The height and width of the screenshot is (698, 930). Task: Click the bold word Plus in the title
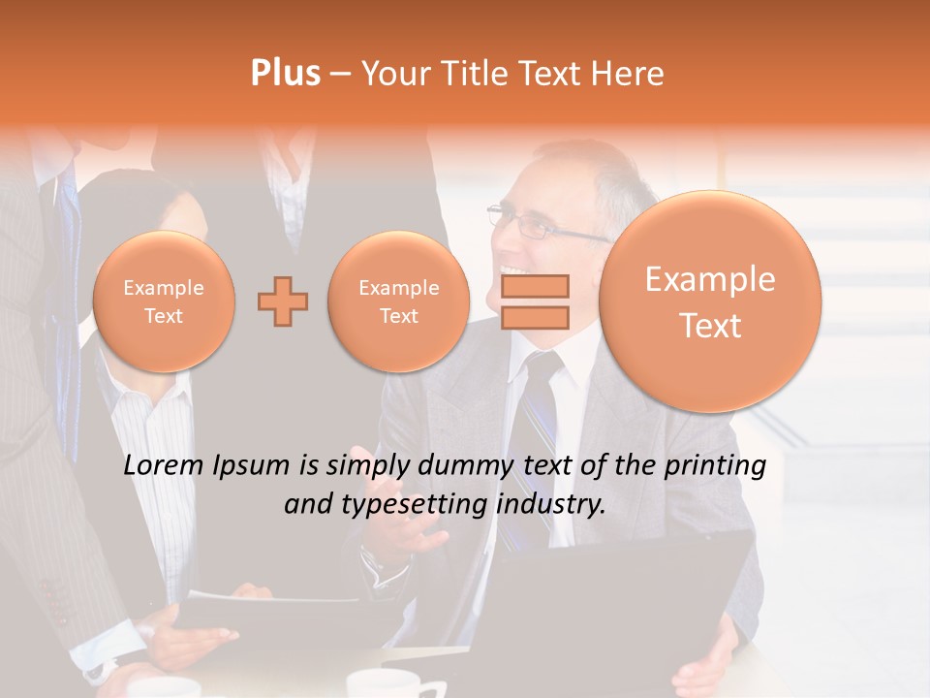coord(286,74)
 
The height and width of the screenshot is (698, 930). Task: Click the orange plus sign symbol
coord(283,301)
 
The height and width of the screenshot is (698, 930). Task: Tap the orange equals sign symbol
coord(535,301)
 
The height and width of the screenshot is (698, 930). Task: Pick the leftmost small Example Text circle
coord(164,301)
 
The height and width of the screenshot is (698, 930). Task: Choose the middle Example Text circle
coord(398,301)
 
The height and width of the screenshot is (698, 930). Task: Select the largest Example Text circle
coord(710,301)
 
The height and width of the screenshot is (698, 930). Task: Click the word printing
coord(716,466)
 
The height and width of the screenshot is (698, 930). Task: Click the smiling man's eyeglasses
coord(529,224)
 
